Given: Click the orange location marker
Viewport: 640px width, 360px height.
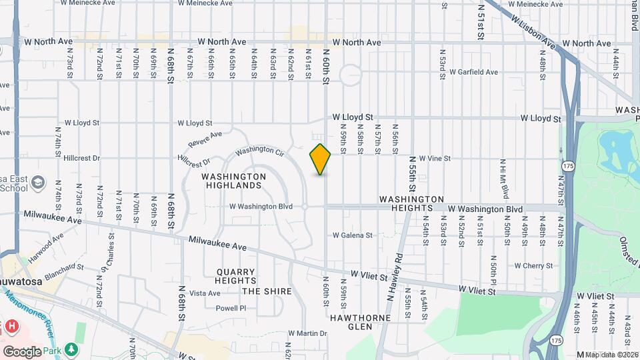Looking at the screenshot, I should (320, 159).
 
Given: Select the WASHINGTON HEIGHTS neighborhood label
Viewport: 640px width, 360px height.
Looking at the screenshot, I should (411, 204).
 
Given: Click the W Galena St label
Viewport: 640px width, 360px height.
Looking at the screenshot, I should (353, 235).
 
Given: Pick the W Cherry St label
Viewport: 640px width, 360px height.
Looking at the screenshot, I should (533, 265).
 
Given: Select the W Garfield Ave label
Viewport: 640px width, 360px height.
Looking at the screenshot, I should (473, 72).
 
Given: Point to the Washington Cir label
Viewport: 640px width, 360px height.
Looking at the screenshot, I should (260, 152).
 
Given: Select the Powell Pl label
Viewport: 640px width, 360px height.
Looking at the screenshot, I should (231, 308).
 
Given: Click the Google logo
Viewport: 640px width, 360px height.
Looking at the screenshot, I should (21, 351).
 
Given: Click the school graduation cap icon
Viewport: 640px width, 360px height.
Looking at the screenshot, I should (38, 182).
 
